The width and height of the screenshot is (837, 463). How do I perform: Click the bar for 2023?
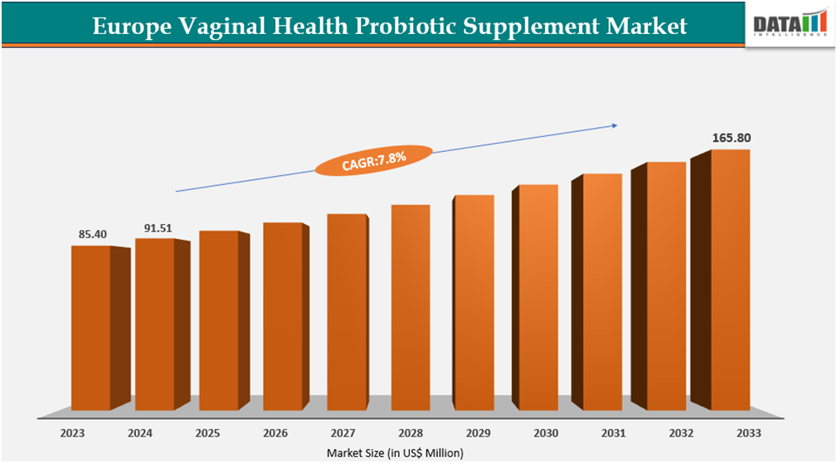click(x=90, y=328)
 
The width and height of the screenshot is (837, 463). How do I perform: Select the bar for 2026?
click(x=282, y=316)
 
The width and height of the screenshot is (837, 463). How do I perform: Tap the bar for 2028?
click(x=410, y=307)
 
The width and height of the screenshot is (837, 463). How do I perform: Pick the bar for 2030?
click(x=538, y=297)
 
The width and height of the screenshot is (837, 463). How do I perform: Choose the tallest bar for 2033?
click(x=730, y=280)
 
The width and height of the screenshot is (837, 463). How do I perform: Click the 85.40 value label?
click(x=93, y=235)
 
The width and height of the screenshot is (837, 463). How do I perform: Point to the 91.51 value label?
click(x=157, y=227)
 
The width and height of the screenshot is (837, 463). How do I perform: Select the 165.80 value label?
click(x=732, y=138)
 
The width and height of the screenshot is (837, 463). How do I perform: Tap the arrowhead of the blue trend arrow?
click(x=615, y=125)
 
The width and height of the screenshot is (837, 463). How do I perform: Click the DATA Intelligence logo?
click(x=790, y=25)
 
